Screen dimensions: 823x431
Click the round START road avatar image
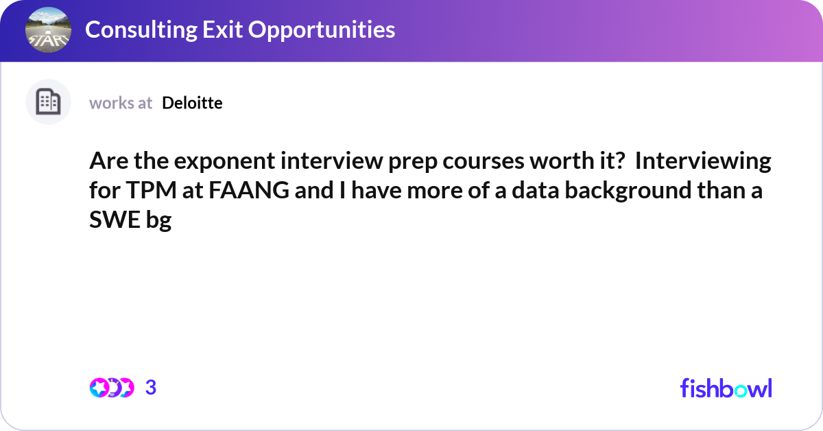point(48,30)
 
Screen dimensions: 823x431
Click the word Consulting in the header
point(141,30)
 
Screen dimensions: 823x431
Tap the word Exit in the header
point(222,29)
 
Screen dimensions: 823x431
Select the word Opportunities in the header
point(322,30)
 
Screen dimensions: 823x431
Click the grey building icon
point(48,102)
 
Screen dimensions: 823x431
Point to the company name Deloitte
point(192,103)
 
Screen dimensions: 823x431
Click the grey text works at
point(121,103)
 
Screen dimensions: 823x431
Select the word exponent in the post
point(224,161)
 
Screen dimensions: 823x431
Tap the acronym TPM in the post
point(152,190)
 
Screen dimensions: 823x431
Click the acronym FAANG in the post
point(249,190)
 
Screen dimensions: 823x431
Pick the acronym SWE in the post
point(115,220)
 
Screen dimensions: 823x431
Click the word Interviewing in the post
point(703,161)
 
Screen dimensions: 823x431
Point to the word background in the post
point(628,191)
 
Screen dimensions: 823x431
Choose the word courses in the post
point(483,161)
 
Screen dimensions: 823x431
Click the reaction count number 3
point(151,388)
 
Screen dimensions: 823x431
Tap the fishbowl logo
point(726,388)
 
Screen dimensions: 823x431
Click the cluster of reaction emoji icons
point(112,388)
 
